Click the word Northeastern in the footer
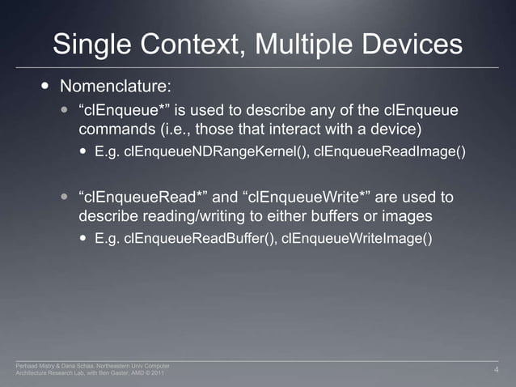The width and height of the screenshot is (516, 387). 97,366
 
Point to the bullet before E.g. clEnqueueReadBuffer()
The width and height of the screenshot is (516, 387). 85,239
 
